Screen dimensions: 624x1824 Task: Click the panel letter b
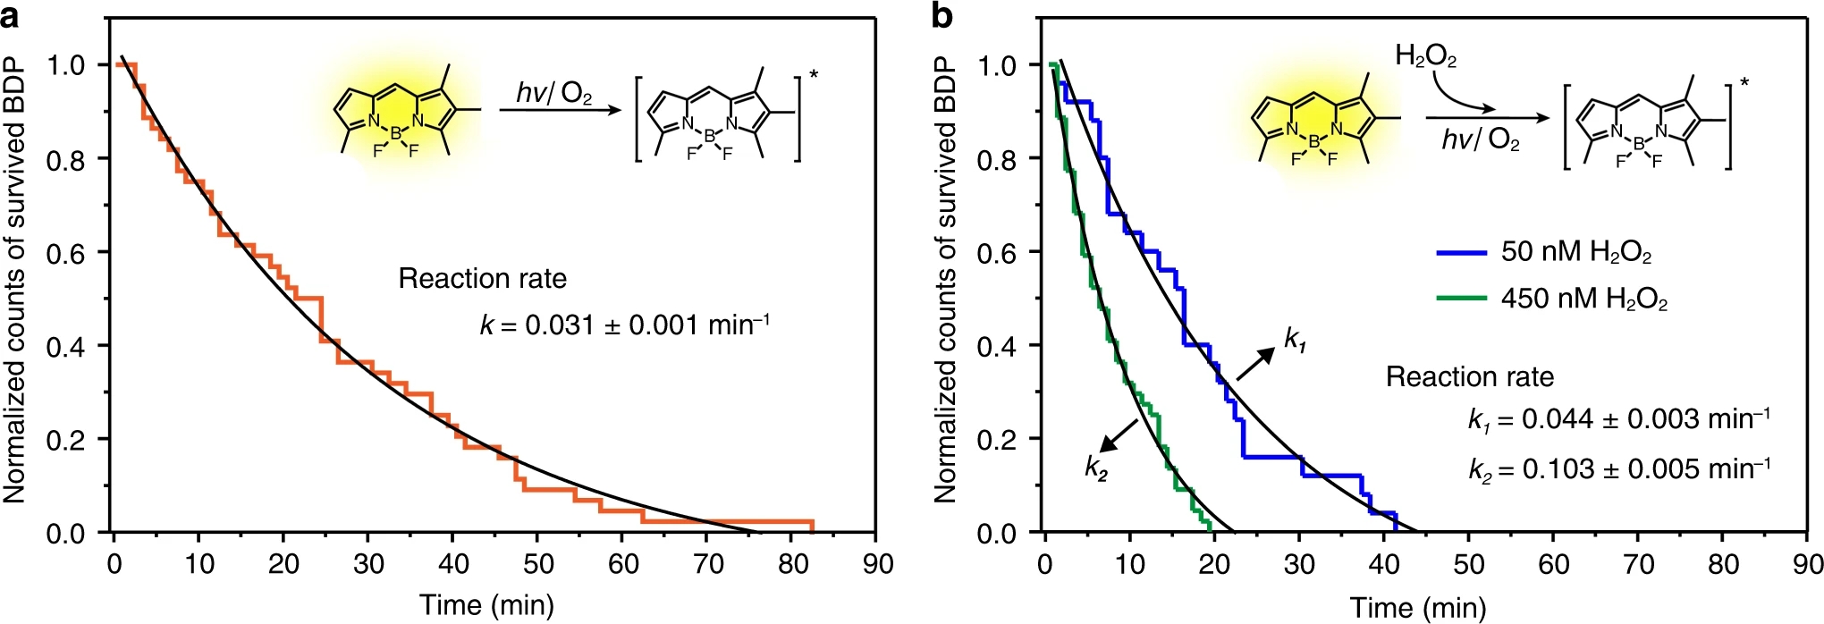(x=942, y=15)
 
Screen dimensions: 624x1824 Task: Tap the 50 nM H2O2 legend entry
(x=1575, y=252)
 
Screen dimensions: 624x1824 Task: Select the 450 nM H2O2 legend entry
(x=1583, y=299)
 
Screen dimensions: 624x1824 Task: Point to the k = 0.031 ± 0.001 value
(x=625, y=324)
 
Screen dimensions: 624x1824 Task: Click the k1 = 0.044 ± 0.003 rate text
(x=1618, y=418)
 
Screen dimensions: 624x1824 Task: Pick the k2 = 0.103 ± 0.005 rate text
(x=1618, y=468)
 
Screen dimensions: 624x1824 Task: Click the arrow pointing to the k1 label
(x=1255, y=364)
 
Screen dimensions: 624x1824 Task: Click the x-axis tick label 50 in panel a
(x=537, y=564)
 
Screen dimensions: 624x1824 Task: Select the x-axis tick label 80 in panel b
(x=1723, y=564)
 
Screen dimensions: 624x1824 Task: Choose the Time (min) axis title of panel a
(x=487, y=605)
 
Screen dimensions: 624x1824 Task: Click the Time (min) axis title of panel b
(x=1418, y=608)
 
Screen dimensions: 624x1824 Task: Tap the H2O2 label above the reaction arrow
(x=1425, y=57)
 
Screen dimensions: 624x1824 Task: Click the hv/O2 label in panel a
(x=554, y=93)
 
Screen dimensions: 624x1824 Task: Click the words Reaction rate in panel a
(x=482, y=279)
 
